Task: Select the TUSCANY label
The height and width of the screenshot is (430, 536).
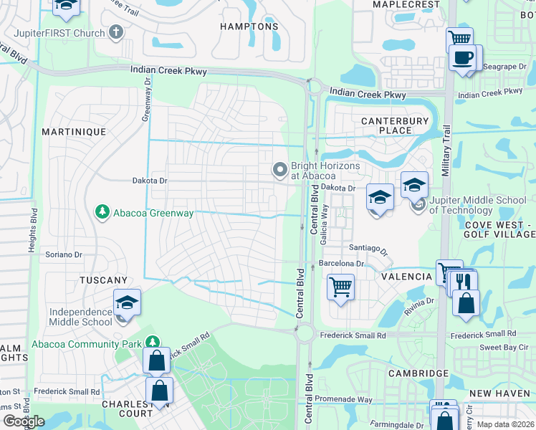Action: pos(104,280)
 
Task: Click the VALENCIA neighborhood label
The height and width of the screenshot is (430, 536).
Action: pos(406,277)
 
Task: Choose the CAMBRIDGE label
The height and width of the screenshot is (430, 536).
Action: pos(418,373)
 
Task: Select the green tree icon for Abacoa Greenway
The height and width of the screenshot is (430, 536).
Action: pos(102,212)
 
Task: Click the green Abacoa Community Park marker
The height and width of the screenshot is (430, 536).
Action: pos(151,343)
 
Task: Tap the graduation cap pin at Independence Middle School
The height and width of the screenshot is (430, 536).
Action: pos(127,302)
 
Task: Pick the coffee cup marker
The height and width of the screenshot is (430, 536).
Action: pos(463,57)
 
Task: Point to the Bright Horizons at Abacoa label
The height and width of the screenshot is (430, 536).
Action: pos(313,170)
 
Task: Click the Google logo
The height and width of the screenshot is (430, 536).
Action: pos(24,421)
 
